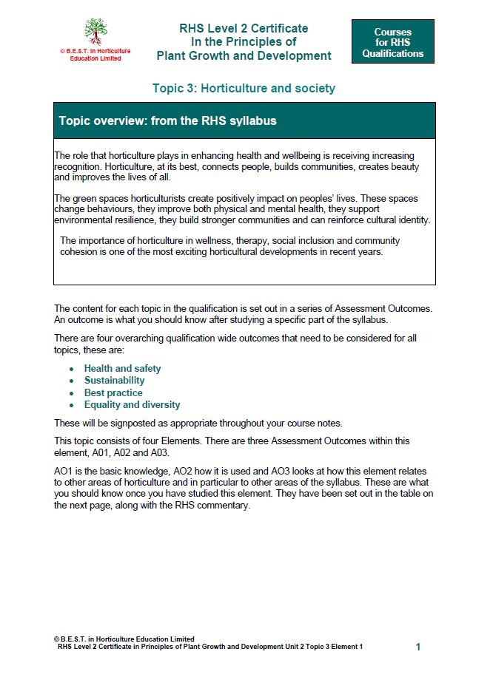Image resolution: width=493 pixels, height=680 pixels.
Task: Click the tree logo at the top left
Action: (95, 32)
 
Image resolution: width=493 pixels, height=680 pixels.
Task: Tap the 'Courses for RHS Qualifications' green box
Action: (392, 42)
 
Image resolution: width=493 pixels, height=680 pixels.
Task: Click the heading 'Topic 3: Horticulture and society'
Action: (244, 89)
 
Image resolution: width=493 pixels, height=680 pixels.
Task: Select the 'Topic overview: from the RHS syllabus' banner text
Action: (167, 120)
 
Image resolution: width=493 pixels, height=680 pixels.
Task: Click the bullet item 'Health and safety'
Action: (122, 368)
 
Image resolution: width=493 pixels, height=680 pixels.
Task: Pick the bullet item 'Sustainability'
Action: (114, 381)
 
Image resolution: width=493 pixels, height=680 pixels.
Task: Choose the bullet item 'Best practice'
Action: (113, 392)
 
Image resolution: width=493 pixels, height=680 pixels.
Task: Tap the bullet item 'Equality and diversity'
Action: (132, 405)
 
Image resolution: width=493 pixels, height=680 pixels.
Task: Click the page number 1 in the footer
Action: (418, 647)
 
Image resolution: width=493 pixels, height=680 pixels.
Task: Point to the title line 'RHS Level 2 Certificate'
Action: (244, 28)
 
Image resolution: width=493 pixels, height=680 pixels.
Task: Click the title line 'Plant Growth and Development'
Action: (244, 55)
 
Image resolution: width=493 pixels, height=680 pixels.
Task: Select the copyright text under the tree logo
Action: (95, 55)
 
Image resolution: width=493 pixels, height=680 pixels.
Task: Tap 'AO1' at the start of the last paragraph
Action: (64, 472)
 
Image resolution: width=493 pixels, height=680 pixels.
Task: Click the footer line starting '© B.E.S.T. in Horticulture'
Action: (124, 639)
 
